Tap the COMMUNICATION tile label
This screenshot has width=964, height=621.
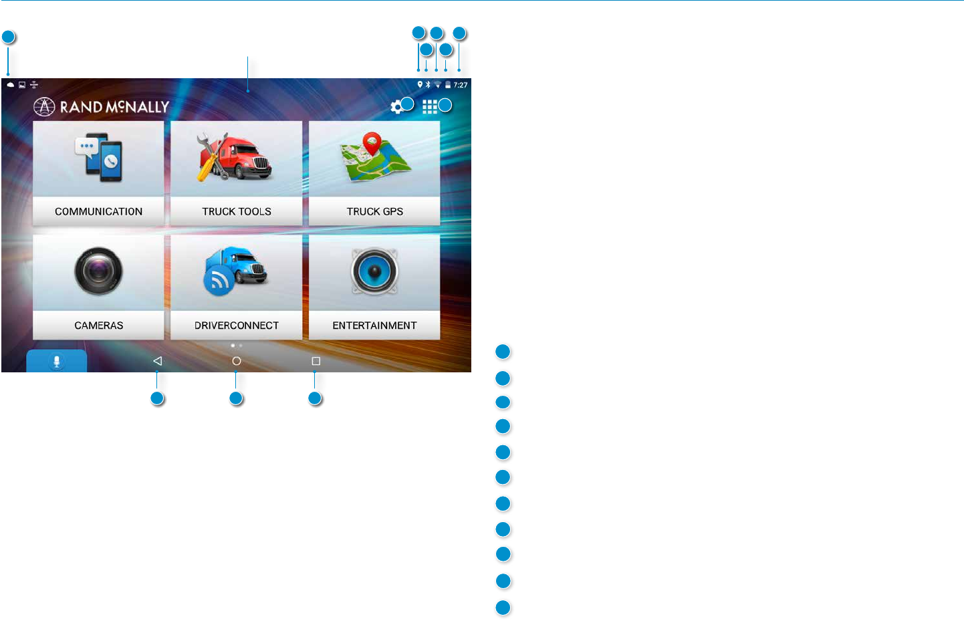[98, 211]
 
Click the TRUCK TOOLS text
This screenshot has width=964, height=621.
[237, 211]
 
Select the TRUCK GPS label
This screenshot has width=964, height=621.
[374, 211]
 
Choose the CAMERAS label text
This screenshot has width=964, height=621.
[98, 326]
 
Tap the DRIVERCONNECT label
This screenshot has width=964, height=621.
[237, 326]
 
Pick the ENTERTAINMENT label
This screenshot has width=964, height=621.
[374, 326]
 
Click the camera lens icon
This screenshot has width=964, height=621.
[98, 271]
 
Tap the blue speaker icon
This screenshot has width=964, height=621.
[374, 271]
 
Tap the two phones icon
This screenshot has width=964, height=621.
[99, 158]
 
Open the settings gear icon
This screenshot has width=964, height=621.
[396, 107]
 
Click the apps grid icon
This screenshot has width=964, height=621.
[429, 107]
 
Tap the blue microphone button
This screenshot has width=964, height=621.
[57, 361]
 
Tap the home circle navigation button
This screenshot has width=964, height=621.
[236, 361]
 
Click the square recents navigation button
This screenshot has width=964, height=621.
[316, 361]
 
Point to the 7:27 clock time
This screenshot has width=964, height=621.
[461, 85]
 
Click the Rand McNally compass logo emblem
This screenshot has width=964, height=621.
[44, 107]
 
